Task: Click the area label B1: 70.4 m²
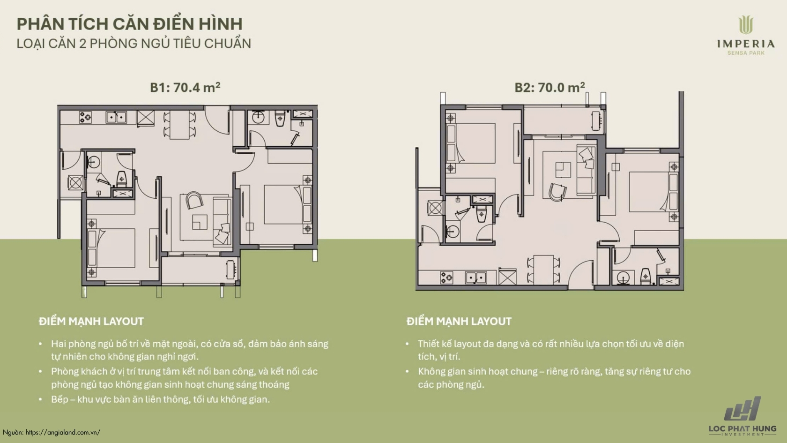point(185,87)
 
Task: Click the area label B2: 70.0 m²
point(550,87)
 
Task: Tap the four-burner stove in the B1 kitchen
point(85,117)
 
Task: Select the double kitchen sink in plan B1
point(116,117)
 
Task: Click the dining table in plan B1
point(179,125)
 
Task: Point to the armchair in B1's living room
point(194,200)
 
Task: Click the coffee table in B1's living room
point(200,222)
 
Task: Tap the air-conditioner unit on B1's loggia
point(75,183)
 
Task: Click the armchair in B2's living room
point(557,192)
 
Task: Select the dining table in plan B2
point(543,269)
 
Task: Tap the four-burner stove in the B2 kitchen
point(446,278)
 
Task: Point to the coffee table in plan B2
point(563,170)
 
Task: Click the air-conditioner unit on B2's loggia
point(435,208)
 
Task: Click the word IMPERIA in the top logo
point(746,44)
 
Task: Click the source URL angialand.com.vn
point(63,432)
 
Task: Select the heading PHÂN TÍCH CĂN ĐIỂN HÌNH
point(130,23)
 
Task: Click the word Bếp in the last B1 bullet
point(59,400)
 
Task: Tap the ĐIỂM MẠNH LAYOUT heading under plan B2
point(459,322)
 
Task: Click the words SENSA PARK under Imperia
point(746,53)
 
